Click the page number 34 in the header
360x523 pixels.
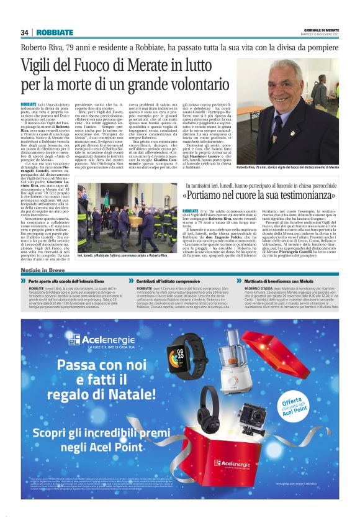(24, 32)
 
